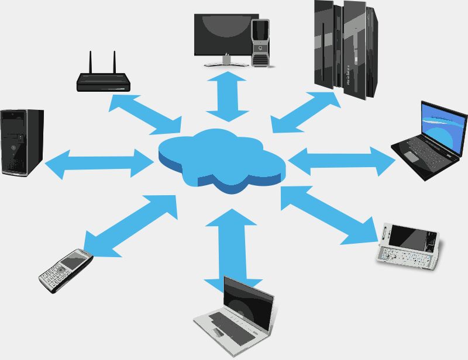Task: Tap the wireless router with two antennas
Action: (103, 82)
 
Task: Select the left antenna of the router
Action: (91, 62)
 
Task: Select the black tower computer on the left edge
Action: (21, 143)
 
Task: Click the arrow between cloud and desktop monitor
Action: (228, 96)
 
